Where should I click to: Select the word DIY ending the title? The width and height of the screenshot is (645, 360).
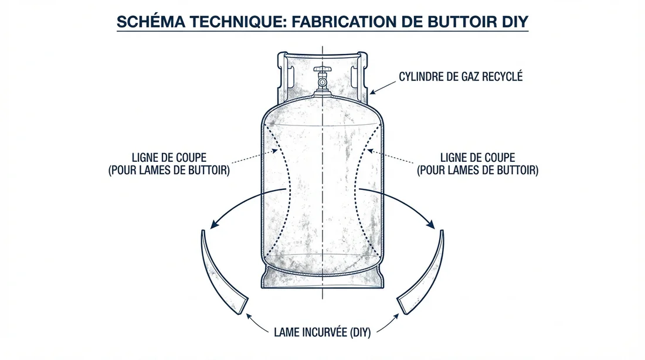click(x=514, y=22)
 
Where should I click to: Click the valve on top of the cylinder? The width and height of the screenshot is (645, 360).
click(x=322, y=76)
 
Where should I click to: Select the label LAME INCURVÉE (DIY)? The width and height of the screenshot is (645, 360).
click(x=322, y=332)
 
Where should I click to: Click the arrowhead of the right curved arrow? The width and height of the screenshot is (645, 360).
click(x=432, y=225)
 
